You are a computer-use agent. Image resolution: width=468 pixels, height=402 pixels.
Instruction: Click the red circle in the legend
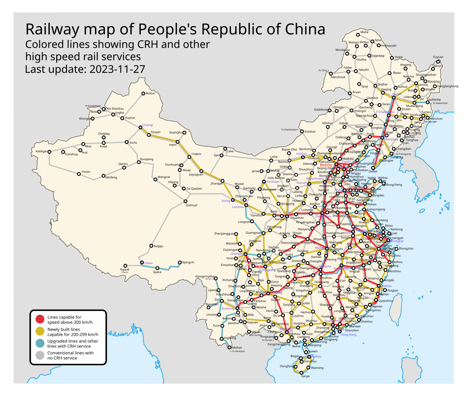coord(40,319)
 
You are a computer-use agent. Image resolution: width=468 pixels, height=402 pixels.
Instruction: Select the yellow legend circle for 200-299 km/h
coord(40,331)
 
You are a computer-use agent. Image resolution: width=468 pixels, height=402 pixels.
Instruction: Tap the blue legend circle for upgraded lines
coord(40,343)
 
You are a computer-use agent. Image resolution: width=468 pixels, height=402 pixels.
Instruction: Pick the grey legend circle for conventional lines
coord(40,355)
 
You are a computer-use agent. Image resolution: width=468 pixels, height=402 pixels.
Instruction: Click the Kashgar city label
coord(41,151)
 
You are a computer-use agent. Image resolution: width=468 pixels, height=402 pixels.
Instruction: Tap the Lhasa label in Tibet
coord(149,263)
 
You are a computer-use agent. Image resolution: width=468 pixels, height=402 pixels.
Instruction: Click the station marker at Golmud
coord(185,201)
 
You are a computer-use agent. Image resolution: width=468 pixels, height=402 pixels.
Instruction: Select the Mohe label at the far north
coord(364,32)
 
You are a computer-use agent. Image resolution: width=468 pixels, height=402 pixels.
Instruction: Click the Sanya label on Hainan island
coord(305,376)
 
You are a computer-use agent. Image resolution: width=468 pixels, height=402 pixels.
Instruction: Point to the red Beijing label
coord(326,165)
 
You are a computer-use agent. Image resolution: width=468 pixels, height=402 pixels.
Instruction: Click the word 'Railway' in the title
coord(53,30)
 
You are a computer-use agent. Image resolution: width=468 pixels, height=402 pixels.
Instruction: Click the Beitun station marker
coord(143,93)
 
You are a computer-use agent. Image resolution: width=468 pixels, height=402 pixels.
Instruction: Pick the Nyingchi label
coord(188,262)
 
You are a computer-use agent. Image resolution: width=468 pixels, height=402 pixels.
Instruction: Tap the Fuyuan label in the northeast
coord(438,57)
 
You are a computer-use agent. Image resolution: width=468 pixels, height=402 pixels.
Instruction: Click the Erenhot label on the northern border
coord(310,132)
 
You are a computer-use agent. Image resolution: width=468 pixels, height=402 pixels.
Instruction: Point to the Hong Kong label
coord(348,335)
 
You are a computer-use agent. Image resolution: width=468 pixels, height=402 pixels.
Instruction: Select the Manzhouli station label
coord(338,77)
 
